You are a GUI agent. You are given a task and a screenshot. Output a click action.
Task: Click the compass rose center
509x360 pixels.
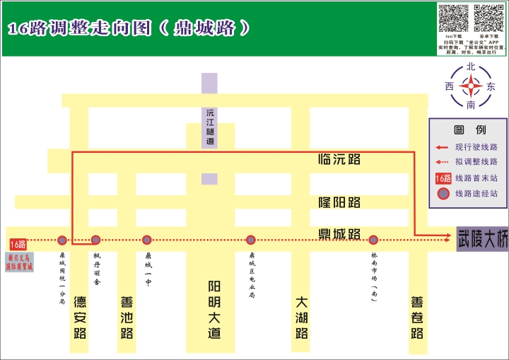tap(471, 86)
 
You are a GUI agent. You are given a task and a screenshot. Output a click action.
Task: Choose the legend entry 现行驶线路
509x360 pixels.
tap(476, 147)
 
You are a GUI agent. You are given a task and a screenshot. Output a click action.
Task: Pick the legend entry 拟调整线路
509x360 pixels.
tap(476, 162)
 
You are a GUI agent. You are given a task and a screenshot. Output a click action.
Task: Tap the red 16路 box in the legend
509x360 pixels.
tap(443, 178)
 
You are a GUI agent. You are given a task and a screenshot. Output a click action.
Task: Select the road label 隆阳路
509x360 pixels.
tap(339, 202)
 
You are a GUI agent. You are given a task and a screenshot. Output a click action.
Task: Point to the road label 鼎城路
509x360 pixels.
tap(339, 233)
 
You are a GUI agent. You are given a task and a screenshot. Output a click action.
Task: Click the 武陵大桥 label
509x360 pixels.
tap(482, 239)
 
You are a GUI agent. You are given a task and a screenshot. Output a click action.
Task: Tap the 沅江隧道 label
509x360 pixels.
tap(209, 127)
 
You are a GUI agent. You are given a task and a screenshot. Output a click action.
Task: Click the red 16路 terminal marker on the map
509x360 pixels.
tap(18, 244)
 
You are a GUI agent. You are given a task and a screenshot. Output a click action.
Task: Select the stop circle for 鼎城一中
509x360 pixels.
tap(147, 240)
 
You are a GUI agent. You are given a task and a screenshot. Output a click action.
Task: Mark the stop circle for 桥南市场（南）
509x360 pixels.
tap(373, 240)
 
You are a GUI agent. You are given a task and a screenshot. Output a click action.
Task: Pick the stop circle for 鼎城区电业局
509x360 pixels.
tap(250, 240)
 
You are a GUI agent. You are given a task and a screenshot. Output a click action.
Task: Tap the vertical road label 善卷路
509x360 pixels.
tap(417, 317)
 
